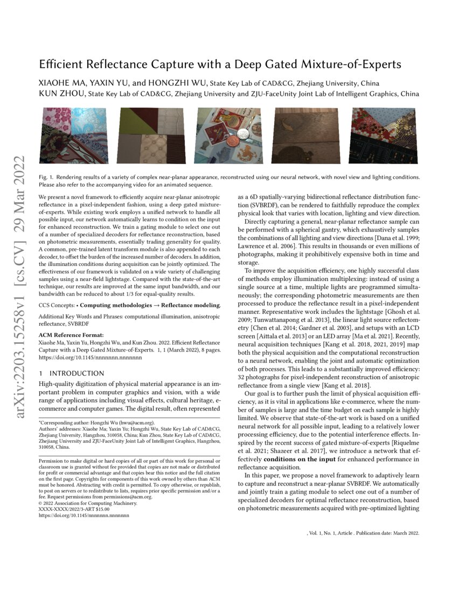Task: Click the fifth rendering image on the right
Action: click(x=383, y=136)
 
